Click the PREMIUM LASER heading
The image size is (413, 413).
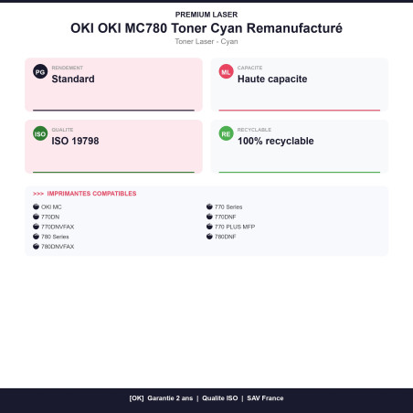coord(206,15)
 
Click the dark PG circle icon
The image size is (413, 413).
coord(40,71)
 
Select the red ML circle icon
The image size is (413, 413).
coord(226,71)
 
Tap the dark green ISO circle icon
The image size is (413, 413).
coord(40,133)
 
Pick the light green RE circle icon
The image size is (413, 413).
coord(226,133)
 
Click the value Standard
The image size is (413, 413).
coord(73,79)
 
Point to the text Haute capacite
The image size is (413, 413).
coord(272,79)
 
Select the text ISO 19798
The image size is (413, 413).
coord(75,141)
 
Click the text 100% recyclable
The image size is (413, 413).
coord(276,141)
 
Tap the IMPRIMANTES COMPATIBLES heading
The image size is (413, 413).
coord(91,194)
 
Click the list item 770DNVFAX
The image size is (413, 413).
coord(58,227)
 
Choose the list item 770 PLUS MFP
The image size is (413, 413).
coord(235,227)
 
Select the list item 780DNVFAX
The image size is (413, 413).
coord(58,247)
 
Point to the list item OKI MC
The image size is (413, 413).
coord(51,207)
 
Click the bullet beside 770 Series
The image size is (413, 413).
coord(209,206)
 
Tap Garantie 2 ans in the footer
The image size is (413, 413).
coord(170,398)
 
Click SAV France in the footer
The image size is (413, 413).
coord(265,398)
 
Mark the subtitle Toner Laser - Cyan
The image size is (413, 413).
coord(206,41)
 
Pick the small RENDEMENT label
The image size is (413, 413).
coord(68,68)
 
